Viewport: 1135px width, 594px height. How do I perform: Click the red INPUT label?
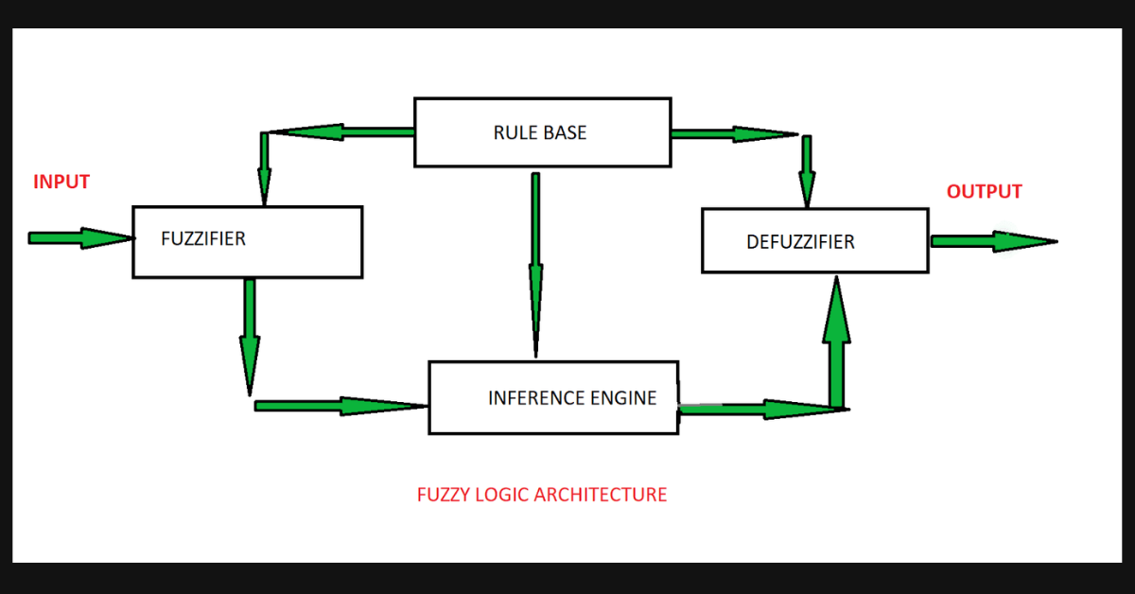point(61,182)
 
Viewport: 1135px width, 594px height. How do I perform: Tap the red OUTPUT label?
point(984,191)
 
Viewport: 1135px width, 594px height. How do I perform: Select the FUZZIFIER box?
point(247,241)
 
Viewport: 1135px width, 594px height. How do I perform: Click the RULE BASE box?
point(542,131)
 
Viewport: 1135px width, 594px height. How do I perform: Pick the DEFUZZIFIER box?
point(814,241)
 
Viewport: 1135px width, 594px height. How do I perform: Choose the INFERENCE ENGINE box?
point(553,397)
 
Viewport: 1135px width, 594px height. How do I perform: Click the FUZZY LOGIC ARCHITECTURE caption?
point(541,495)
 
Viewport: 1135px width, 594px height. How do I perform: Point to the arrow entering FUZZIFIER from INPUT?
point(80,238)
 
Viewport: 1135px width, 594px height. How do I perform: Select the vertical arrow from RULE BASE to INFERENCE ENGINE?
point(535,265)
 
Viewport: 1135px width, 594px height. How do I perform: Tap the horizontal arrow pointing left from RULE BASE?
point(340,132)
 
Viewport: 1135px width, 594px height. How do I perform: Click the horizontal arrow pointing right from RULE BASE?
point(733,133)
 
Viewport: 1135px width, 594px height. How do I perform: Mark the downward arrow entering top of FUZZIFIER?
point(264,168)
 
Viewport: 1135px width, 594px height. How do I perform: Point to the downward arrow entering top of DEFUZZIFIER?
point(807,170)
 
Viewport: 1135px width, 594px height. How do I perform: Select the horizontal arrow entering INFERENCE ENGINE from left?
point(340,406)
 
